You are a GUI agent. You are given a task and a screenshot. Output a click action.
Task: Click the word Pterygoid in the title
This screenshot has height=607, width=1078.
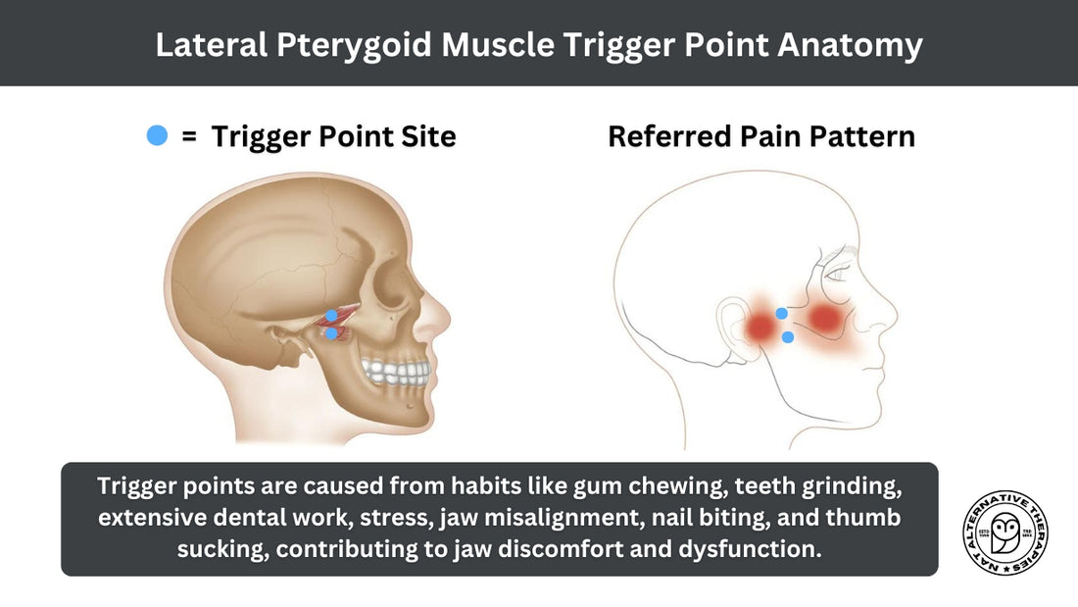[354, 45]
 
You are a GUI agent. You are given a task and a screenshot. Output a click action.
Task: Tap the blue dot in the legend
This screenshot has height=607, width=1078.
[158, 135]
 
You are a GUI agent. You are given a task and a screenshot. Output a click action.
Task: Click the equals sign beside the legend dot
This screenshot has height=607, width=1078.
[189, 136]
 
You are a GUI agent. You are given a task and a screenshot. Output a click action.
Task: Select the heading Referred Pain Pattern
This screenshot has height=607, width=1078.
[761, 136]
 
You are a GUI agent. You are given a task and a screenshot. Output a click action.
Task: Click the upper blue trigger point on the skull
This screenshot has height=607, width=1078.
[331, 316]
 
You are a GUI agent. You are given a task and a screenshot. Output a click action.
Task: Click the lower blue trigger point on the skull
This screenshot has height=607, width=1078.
[331, 333]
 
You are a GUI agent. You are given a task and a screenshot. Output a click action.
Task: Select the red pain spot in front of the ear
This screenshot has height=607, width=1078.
[760, 326]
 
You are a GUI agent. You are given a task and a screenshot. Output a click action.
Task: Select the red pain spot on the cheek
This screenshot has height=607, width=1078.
[824, 319]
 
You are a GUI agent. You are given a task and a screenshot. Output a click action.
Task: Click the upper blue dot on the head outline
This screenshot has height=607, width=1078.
[782, 313]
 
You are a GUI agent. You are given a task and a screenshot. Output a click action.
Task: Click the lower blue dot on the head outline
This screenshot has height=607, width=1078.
[788, 337]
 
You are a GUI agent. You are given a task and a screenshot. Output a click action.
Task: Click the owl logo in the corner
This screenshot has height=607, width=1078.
[1005, 532]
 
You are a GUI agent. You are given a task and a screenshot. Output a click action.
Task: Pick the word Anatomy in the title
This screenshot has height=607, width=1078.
[850, 45]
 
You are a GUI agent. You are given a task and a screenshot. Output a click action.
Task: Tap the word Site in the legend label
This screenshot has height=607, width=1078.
[429, 136]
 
